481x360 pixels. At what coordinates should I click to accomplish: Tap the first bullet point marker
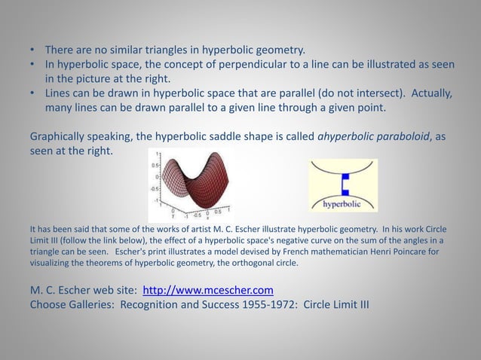[32, 50]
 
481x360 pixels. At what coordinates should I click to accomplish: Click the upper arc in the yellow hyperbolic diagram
[344, 166]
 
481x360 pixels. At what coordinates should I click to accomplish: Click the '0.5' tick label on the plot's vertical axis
[156, 163]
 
